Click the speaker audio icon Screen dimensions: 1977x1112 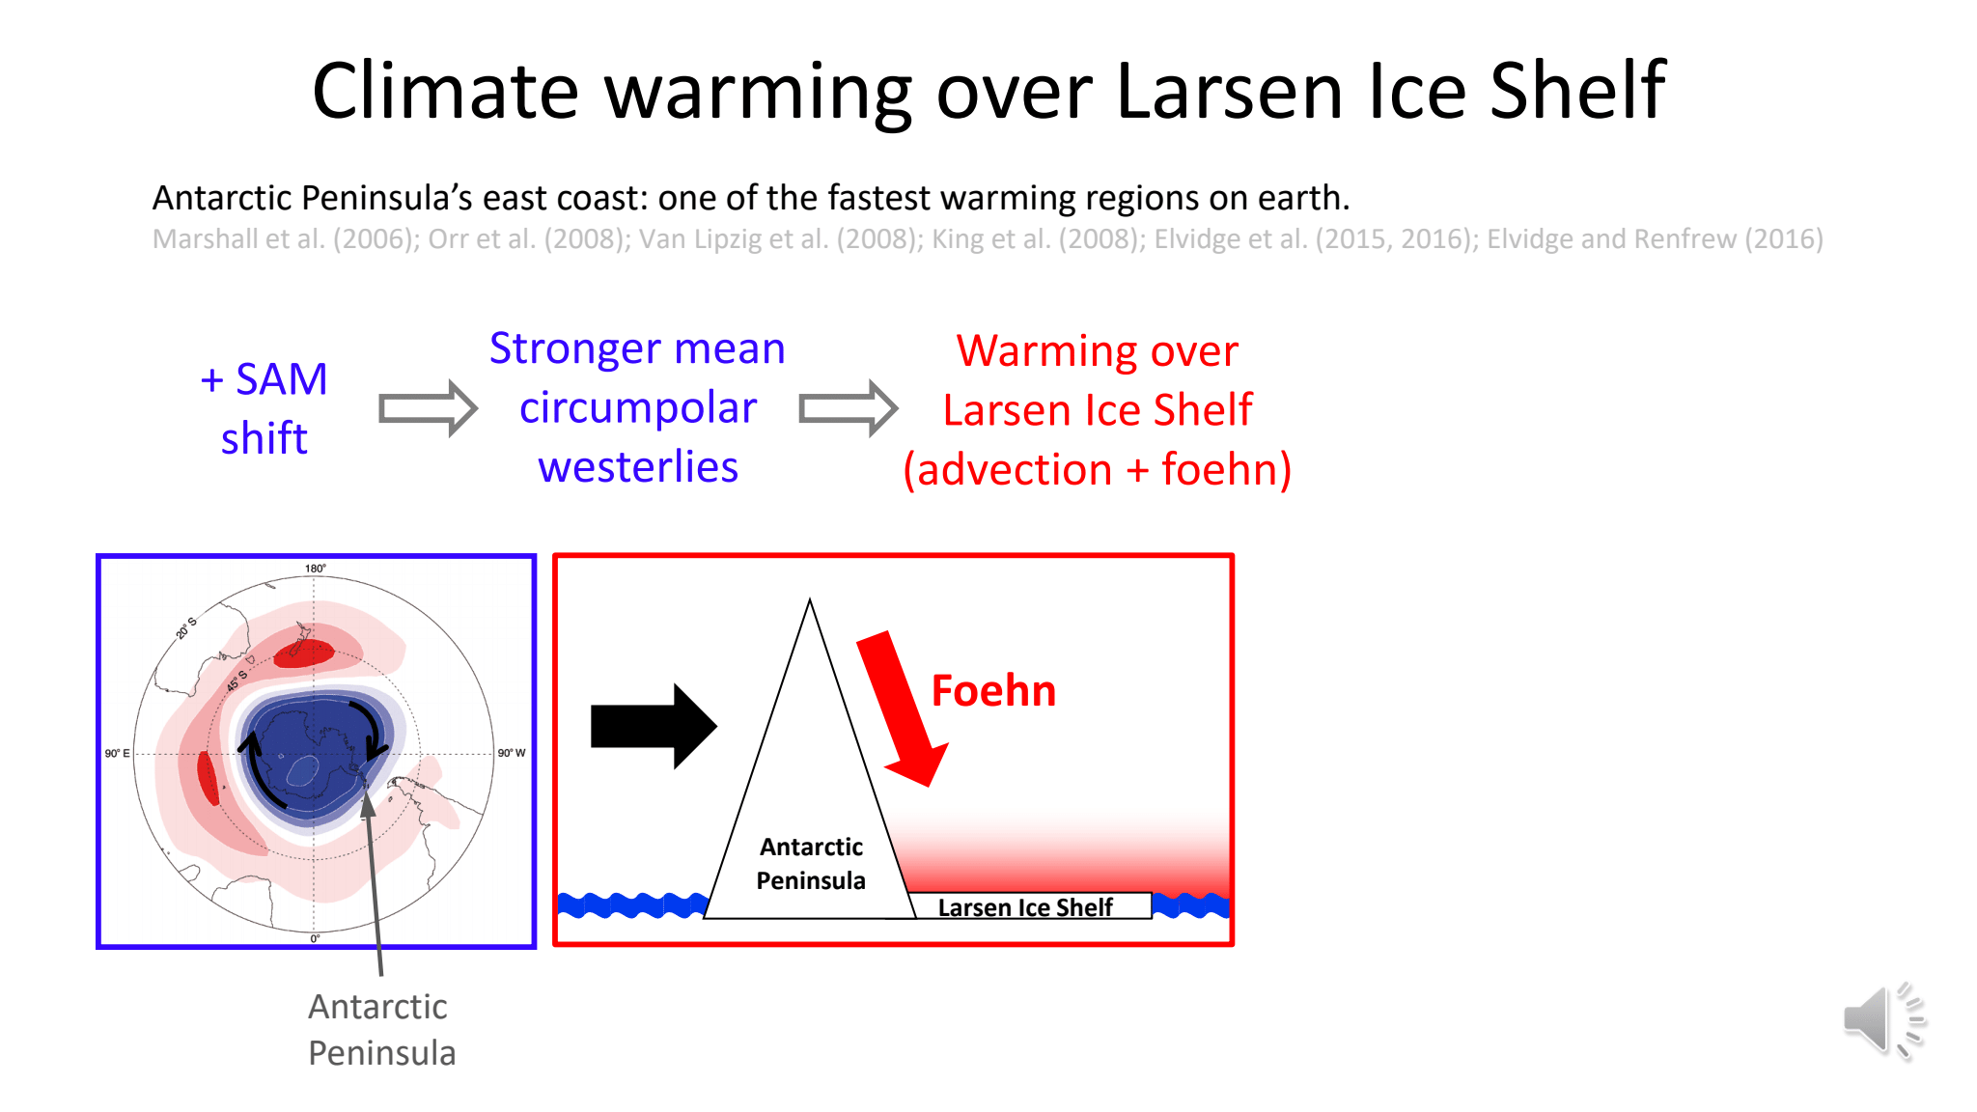click(x=1883, y=1021)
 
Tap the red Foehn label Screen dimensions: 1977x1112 click(x=993, y=691)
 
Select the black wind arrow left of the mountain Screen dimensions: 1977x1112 click(x=654, y=726)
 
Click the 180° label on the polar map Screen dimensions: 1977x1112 click(x=316, y=569)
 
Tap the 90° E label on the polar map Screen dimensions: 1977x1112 click(x=117, y=753)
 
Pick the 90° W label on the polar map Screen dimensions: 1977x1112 click(x=512, y=753)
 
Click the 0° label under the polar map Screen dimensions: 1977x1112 click(x=315, y=938)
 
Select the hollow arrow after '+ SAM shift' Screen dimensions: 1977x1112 click(x=428, y=408)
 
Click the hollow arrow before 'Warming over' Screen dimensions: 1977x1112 click(x=849, y=408)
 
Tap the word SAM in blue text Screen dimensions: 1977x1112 click(x=282, y=379)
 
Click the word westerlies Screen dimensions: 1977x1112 click(x=638, y=467)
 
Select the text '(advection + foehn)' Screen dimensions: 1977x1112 click(x=1098, y=470)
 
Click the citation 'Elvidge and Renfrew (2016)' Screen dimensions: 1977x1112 click(x=1655, y=238)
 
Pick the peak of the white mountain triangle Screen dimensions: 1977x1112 click(x=810, y=599)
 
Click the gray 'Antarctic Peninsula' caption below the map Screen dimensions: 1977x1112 click(x=381, y=1030)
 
